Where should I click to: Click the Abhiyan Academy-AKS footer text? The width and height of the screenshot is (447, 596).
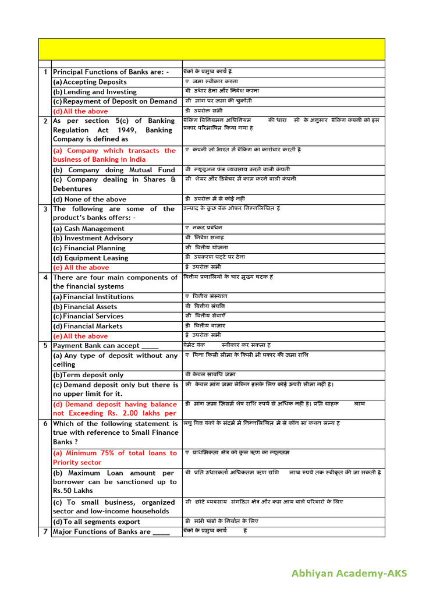click(349, 574)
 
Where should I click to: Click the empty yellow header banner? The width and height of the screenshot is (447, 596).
click(211, 49)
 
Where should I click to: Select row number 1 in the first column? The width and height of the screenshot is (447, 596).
click(45, 72)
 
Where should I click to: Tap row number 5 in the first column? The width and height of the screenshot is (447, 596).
click(45, 346)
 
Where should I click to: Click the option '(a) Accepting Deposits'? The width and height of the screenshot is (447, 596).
click(90, 82)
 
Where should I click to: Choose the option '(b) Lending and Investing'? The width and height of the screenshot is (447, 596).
click(95, 92)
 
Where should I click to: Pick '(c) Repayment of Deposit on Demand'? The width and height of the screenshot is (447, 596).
click(115, 101)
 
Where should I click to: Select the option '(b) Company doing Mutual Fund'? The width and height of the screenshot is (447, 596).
click(114, 170)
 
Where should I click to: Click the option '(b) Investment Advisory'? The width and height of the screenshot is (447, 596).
click(93, 238)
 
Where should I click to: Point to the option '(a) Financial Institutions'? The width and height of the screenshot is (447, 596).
click(93, 297)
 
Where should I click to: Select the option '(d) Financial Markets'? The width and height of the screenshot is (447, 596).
click(88, 327)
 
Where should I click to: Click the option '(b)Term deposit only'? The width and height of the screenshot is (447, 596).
click(88, 375)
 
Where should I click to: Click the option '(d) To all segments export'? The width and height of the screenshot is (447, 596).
click(97, 521)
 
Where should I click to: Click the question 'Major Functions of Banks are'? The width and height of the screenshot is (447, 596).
click(111, 532)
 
